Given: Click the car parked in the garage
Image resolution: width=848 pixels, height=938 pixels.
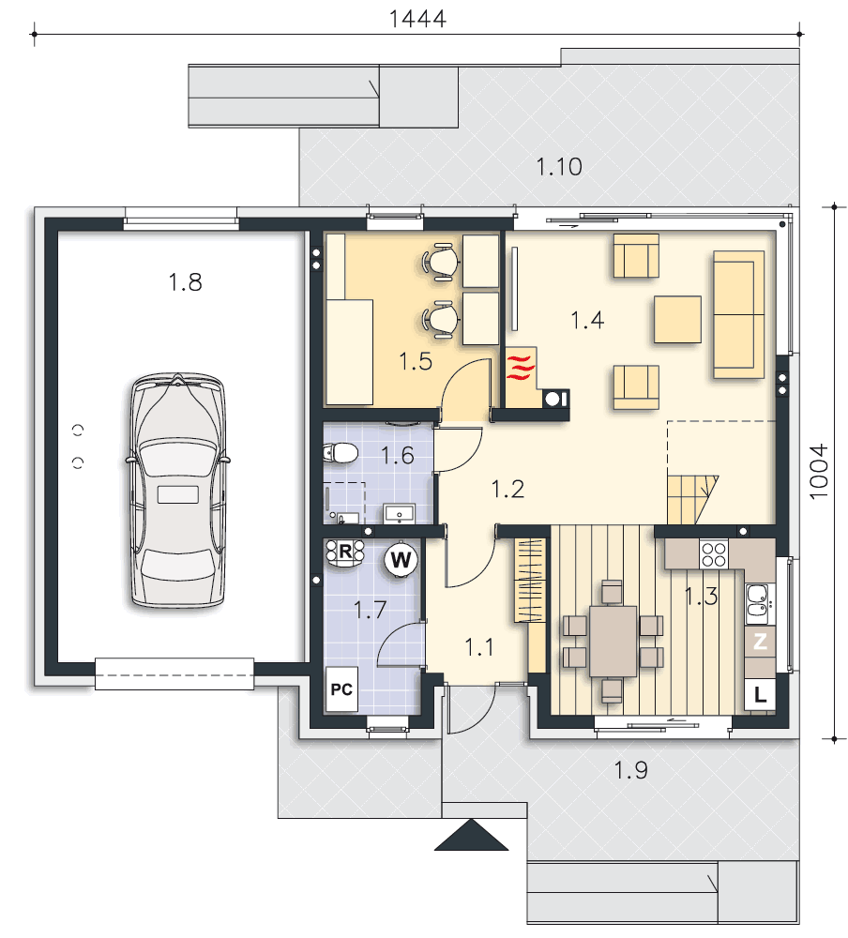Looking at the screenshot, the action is [177, 491].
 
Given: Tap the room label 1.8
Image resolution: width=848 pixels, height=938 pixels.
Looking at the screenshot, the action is [185, 282].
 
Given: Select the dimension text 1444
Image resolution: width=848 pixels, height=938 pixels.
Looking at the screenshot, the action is [417, 19].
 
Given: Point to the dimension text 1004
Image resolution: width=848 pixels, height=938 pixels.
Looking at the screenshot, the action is [819, 472].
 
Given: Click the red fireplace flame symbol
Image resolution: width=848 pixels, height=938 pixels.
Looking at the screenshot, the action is [520, 368].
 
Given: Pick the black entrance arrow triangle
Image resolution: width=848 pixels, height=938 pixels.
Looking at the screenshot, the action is [471, 835].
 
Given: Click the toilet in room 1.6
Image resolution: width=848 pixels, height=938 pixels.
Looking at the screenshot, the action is [340, 453].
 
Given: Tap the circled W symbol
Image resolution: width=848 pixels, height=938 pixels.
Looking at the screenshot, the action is [401, 560].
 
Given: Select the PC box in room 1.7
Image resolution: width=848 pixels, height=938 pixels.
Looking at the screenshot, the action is [341, 689].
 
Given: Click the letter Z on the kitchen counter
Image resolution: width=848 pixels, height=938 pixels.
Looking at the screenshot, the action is [760, 642].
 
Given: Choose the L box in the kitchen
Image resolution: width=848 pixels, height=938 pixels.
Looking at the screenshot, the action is [760, 694].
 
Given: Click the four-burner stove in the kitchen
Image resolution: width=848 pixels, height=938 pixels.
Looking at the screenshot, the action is [714, 553].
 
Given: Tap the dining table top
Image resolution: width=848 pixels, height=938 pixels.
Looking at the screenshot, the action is [613, 641].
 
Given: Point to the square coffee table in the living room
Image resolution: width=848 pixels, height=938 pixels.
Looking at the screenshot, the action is [677, 320].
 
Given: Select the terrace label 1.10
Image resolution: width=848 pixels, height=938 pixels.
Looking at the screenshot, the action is [559, 167].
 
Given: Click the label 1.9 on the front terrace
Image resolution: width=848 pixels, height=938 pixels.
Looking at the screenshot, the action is [630, 770].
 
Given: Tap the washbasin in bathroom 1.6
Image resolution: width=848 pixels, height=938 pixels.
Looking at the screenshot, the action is [400, 514].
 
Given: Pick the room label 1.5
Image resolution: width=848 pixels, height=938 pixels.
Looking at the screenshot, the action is [416, 362].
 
